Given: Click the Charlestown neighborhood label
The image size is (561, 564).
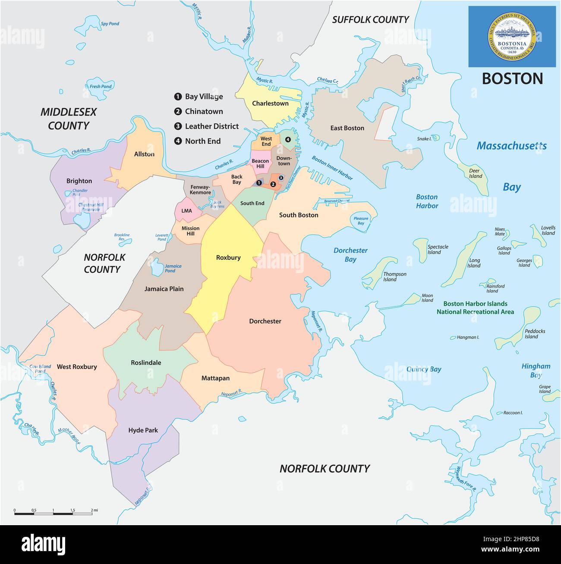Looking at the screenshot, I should (270, 104).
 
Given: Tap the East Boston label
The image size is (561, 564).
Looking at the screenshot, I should (347, 128).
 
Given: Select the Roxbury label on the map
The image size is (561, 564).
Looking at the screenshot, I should (228, 258).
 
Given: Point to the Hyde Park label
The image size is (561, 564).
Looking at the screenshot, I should (143, 430).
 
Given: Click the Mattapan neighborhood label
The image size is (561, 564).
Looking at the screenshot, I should (215, 378).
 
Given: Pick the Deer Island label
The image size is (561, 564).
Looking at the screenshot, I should (475, 173).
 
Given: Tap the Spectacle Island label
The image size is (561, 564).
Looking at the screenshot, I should (438, 249).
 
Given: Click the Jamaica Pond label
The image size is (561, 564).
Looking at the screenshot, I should (173, 268).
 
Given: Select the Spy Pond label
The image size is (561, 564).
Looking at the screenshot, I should (110, 24).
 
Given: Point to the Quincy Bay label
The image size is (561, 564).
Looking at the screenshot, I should (424, 369).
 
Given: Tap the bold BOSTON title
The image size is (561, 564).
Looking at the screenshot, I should (512, 79).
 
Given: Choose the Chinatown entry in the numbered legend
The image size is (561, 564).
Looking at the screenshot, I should (204, 111).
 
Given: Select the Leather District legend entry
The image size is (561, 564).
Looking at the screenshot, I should (211, 126).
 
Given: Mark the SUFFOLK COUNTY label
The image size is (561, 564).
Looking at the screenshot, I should (370, 20).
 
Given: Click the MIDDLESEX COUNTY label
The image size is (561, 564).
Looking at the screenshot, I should (68, 119).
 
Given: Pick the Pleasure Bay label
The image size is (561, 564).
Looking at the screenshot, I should (361, 221).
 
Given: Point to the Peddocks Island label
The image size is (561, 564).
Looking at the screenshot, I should (535, 334).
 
